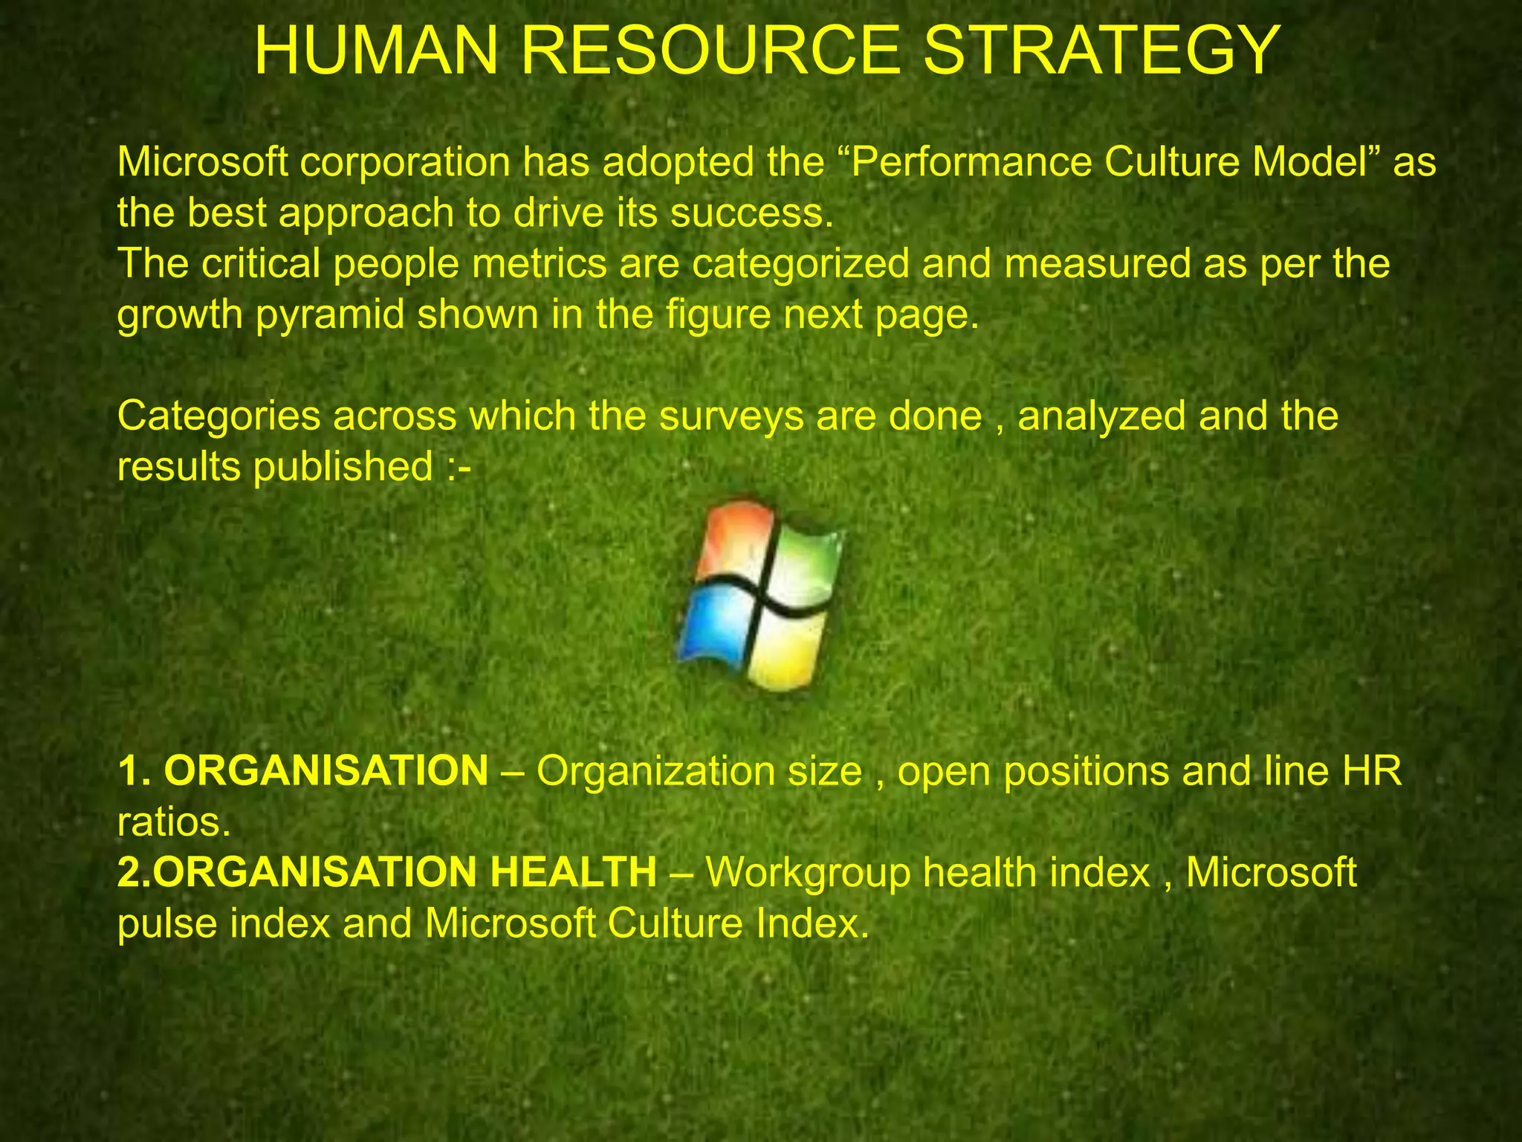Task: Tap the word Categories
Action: (218, 416)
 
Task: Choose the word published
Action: (343, 467)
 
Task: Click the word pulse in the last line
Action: (167, 924)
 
